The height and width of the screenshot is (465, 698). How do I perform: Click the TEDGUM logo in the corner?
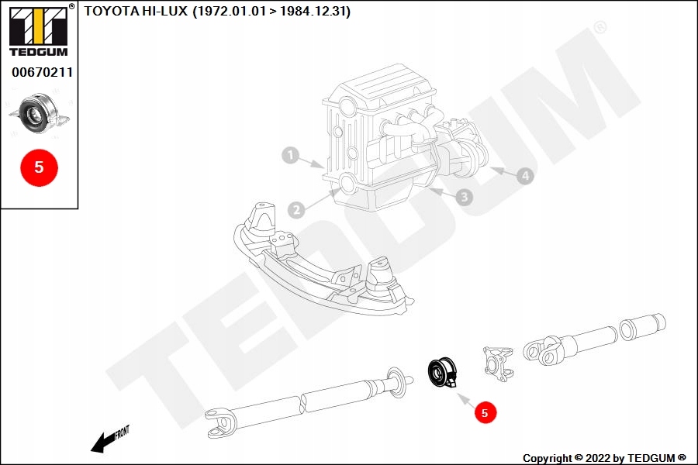pyautogui.click(x=38, y=32)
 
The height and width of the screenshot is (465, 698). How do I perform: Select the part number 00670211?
pyautogui.click(x=42, y=73)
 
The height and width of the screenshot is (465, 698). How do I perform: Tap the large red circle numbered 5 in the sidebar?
pyautogui.click(x=39, y=167)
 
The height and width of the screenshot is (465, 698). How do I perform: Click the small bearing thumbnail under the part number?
pyautogui.click(x=38, y=114)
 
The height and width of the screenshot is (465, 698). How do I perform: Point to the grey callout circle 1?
pyautogui.click(x=290, y=156)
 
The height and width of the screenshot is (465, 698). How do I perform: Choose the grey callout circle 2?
pyautogui.click(x=295, y=209)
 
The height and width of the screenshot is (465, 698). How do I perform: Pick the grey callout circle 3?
pyautogui.click(x=464, y=197)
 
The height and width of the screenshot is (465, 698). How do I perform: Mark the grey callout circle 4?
pyautogui.click(x=525, y=176)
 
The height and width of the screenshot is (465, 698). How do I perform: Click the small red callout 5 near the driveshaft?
pyautogui.click(x=485, y=413)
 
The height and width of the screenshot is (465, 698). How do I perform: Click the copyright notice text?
pyautogui.click(x=604, y=458)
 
